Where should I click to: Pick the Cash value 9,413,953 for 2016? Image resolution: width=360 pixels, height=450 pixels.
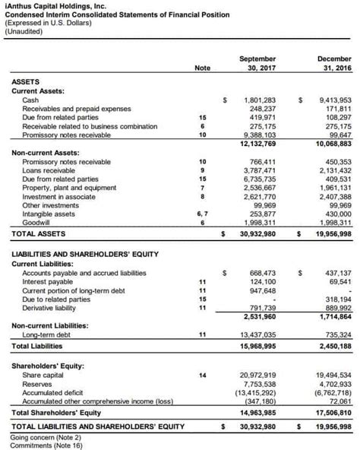[x=335, y=100]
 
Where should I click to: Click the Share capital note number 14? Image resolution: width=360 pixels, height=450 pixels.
[x=202, y=376]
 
